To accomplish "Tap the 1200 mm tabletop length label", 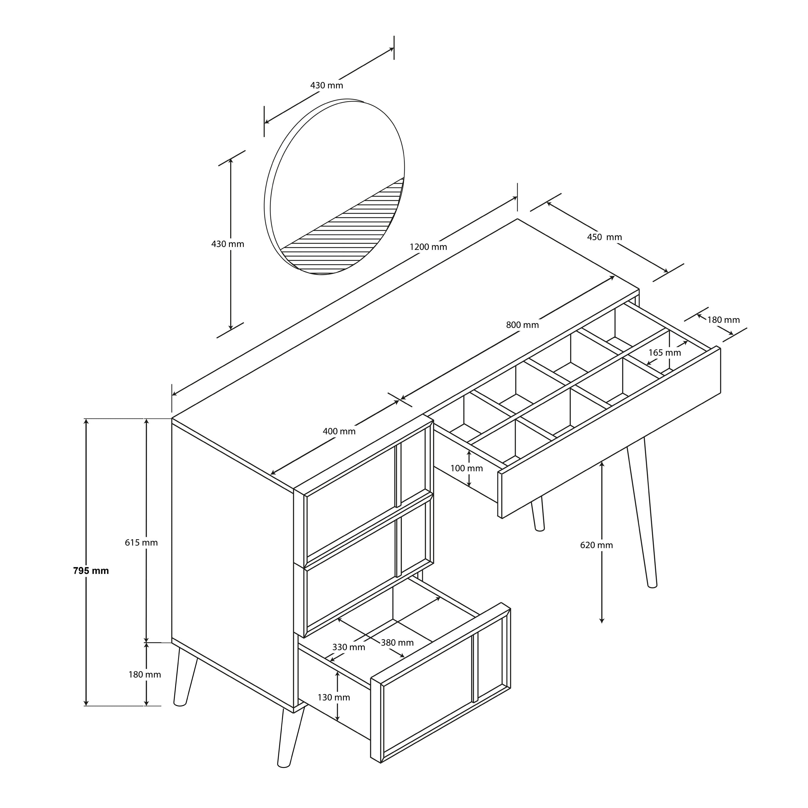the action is click(428, 247).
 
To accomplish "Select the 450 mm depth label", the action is click(604, 237).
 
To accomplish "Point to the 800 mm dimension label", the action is click(522, 324).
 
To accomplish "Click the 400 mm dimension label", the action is click(339, 431).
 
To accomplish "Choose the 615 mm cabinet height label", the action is click(141, 543).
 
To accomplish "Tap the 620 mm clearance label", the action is click(596, 545).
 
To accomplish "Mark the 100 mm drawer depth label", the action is click(466, 468).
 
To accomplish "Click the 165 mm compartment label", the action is click(665, 353).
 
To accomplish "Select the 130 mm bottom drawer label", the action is click(334, 697).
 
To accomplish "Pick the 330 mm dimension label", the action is click(348, 647).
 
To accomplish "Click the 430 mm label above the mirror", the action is click(326, 85).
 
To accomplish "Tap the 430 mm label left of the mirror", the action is click(227, 244).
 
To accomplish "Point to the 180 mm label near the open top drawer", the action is click(723, 320).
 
